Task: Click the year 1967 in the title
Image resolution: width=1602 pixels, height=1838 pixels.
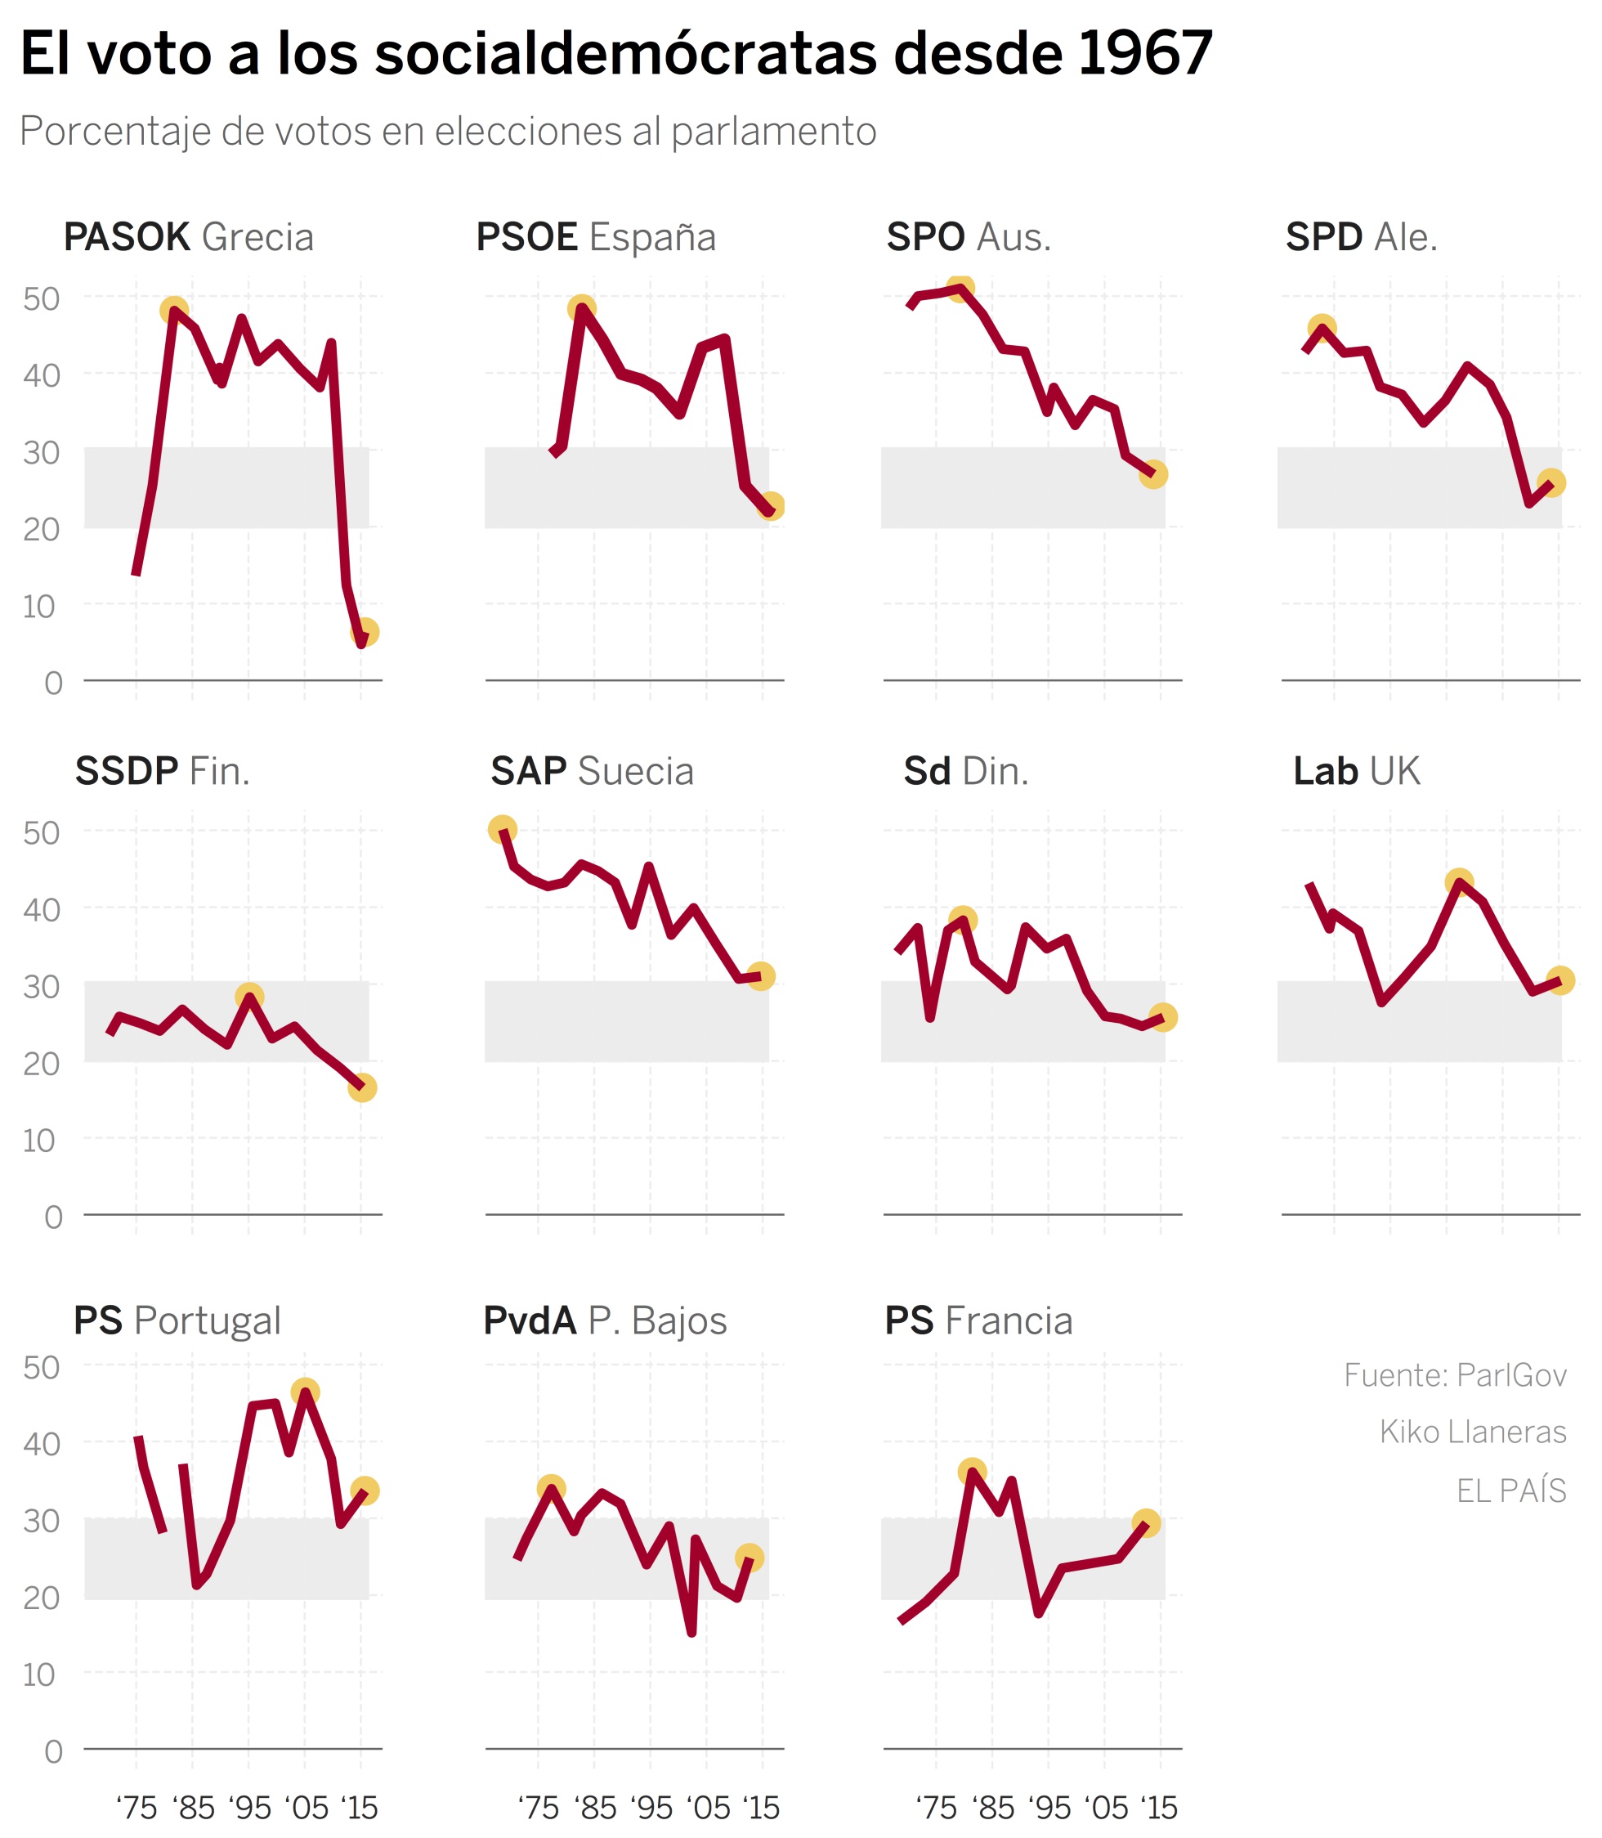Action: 1144,54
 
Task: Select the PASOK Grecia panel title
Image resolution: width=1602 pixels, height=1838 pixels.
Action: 189,238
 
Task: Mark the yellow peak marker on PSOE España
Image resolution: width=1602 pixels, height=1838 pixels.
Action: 582,309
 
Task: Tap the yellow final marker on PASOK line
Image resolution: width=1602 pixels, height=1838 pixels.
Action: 365,632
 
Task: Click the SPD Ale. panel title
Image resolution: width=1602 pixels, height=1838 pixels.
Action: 1362,238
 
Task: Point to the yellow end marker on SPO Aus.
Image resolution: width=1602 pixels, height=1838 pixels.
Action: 1153,475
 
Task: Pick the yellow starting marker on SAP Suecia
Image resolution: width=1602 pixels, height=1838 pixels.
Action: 503,829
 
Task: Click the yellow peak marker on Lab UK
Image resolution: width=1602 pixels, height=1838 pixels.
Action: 1459,882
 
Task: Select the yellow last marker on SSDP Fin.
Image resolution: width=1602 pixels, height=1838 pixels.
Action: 362,1087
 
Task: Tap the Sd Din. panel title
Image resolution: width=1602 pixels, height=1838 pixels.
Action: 966,772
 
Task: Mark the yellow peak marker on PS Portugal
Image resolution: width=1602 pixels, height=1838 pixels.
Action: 306,1392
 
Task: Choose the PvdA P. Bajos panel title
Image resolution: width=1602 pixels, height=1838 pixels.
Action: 605,1322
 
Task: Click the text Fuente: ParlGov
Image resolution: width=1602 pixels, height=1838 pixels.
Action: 1456,1375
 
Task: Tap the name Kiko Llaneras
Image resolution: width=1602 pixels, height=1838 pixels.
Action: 1472,1432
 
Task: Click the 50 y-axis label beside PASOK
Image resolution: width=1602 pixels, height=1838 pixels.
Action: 41,298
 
